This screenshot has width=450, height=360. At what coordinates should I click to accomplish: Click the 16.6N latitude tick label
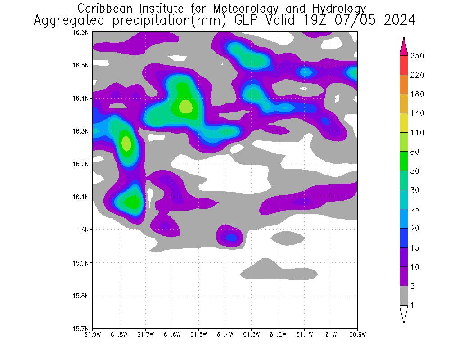coord(84,32)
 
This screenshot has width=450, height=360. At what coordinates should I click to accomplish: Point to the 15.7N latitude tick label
coord(84,328)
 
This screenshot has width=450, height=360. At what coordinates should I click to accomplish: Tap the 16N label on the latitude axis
coord(86,229)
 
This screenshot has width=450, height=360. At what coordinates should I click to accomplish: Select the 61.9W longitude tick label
coord(93,334)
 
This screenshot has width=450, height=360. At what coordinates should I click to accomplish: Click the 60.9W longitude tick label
coord(357,334)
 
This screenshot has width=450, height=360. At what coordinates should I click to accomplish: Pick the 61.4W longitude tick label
coord(225,334)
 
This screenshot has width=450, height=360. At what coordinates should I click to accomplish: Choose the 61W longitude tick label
coord(331,334)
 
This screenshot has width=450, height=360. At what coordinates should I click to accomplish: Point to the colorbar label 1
coord(413,305)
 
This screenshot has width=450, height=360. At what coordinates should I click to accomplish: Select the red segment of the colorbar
coord(404,65)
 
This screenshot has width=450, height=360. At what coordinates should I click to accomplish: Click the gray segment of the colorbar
coord(404,296)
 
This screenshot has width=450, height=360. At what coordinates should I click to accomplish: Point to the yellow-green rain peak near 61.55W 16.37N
coord(186,107)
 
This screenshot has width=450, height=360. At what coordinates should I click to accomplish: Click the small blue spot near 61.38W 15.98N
coord(231,237)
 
